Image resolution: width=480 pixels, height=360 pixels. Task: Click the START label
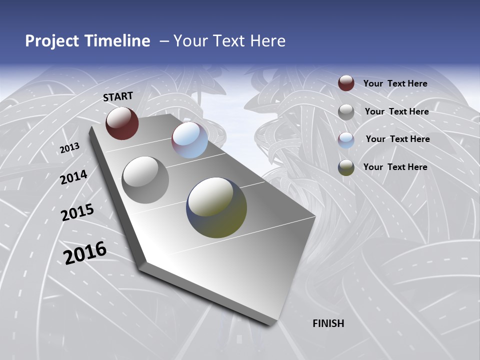118,96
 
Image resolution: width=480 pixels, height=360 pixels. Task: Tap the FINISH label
328,323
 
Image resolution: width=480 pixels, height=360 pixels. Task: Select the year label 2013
69,148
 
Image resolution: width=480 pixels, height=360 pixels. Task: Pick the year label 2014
73,177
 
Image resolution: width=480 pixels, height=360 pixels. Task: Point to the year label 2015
77,212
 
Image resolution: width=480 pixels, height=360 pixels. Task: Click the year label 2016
85,253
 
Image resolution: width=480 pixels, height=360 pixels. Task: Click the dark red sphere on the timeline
122,123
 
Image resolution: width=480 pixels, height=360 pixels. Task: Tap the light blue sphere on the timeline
189,140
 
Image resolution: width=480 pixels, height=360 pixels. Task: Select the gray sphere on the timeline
145,179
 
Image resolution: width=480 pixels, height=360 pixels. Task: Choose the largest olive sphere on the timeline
216,207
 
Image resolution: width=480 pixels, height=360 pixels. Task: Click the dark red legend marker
346,83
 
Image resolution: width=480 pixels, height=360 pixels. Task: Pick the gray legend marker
346,112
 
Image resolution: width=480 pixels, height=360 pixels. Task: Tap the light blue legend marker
346,139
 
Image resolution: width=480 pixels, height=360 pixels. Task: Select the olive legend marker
346,167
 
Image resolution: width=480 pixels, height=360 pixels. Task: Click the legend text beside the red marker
395,83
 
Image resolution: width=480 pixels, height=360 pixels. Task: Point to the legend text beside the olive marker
395,167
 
